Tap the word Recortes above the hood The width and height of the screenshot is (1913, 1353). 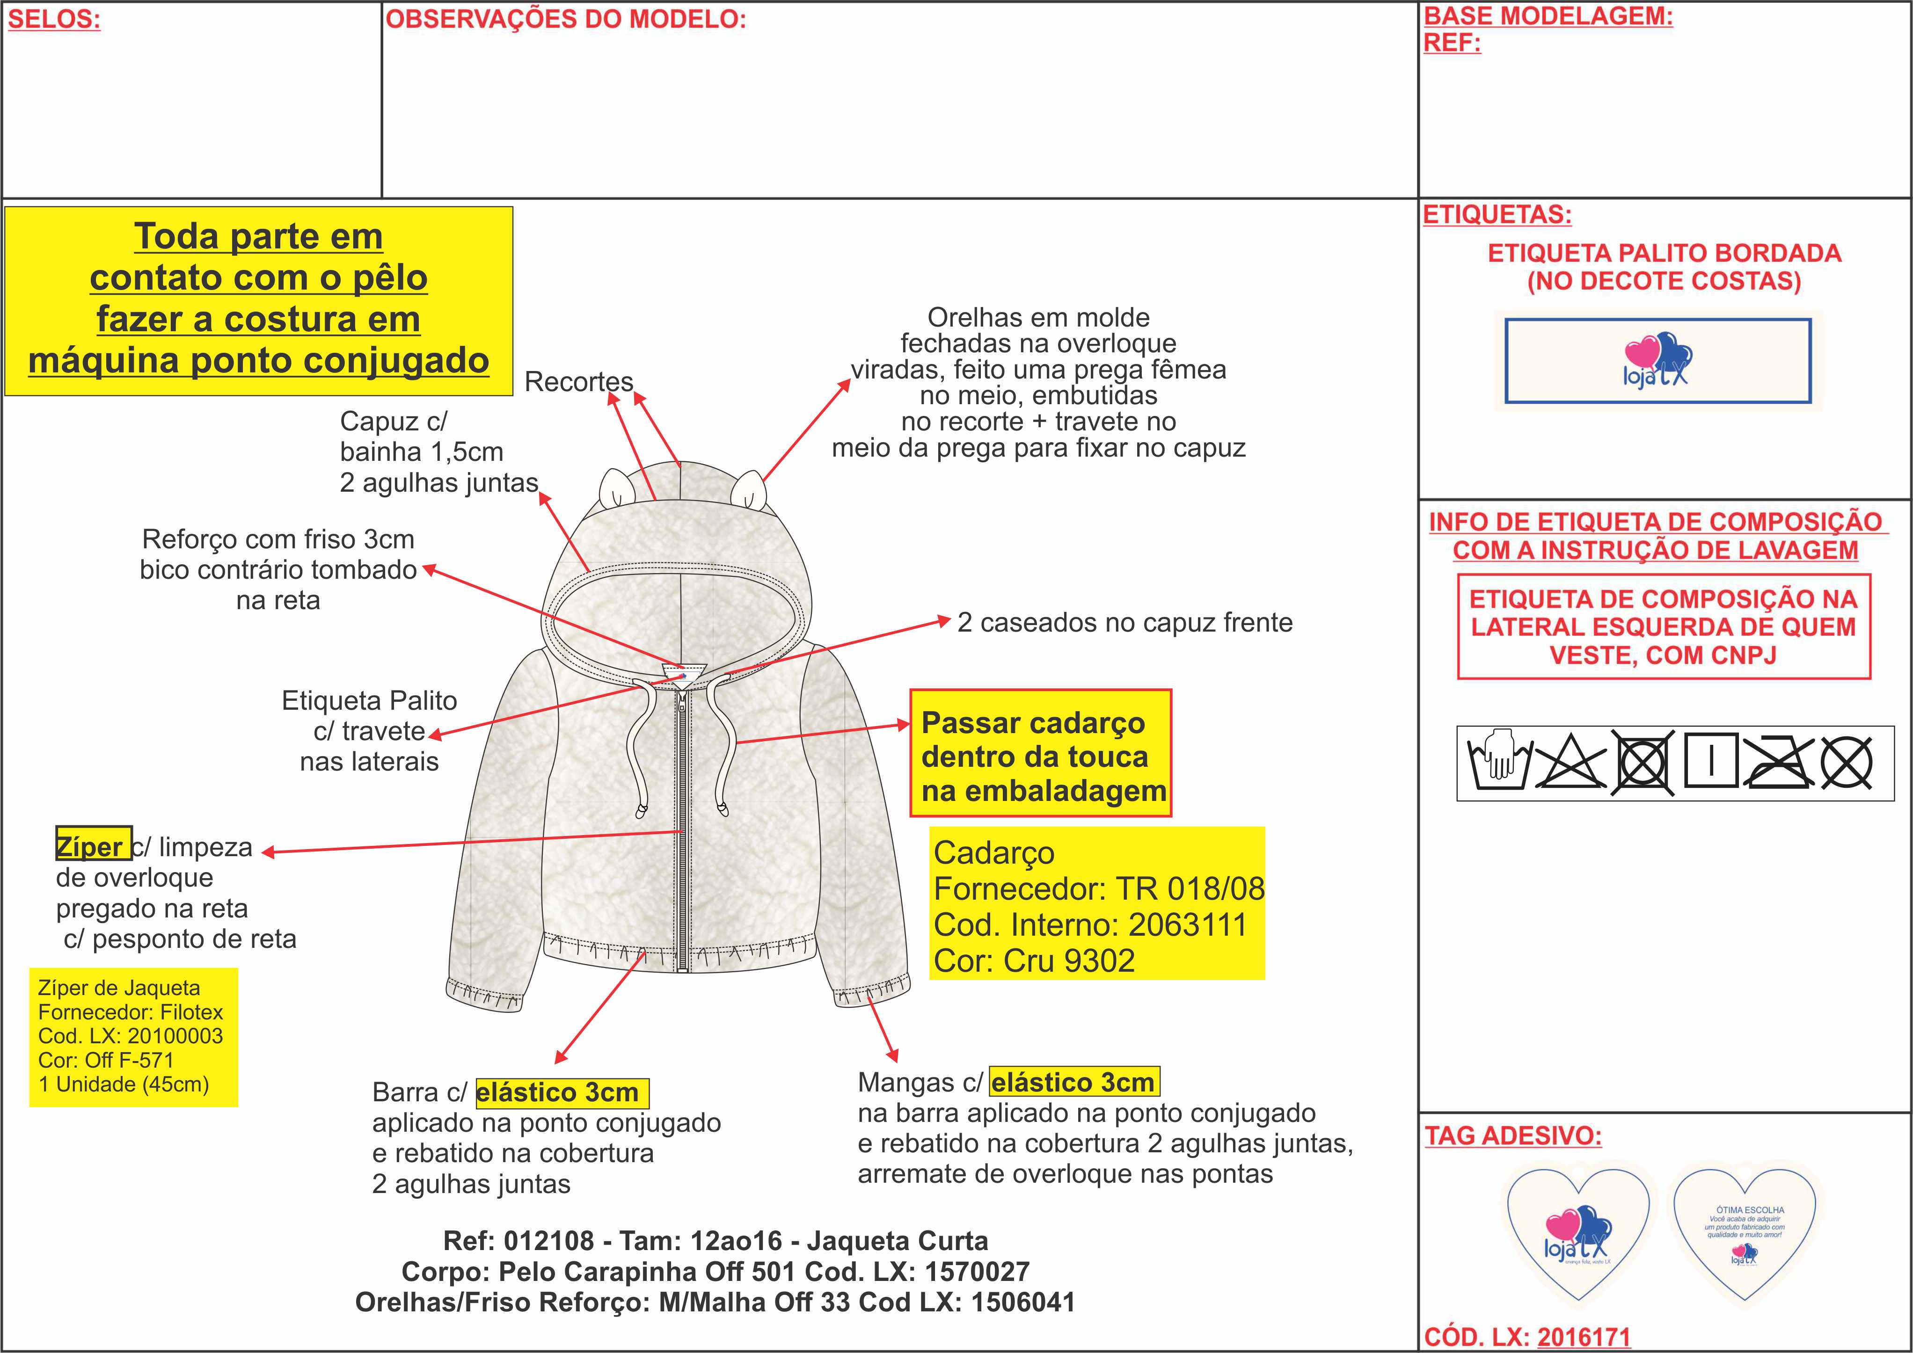coord(579,382)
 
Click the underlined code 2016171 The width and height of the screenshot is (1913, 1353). coord(1583,1336)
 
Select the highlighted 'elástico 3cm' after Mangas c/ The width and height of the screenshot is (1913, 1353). coord(1073,1082)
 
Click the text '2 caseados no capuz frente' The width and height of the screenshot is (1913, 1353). coord(1125,622)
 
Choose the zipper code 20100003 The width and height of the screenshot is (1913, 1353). coord(175,1036)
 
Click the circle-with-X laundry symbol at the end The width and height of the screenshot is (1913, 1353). coord(1847,762)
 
